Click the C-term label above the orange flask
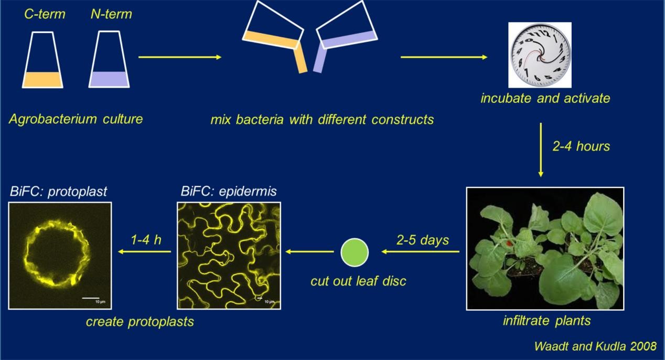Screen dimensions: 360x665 point(45,14)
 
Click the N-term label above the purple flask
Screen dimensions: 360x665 point(111,14)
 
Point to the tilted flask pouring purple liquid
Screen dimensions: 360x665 point(347,29)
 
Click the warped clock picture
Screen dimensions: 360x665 point(540,55)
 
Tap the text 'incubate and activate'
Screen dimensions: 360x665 point(545,98)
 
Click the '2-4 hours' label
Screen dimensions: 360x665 point(581,146)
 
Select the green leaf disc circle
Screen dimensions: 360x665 point(355,252)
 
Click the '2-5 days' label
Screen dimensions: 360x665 point(423,240)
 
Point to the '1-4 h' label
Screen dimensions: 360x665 point(146,240)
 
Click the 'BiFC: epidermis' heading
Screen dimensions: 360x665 point(228,191)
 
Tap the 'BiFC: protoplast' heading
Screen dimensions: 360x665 point(58,191)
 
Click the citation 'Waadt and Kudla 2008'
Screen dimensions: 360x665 point(595,346)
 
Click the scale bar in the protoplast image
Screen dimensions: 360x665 point(91,298)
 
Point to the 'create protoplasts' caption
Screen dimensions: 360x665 point(140,321)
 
